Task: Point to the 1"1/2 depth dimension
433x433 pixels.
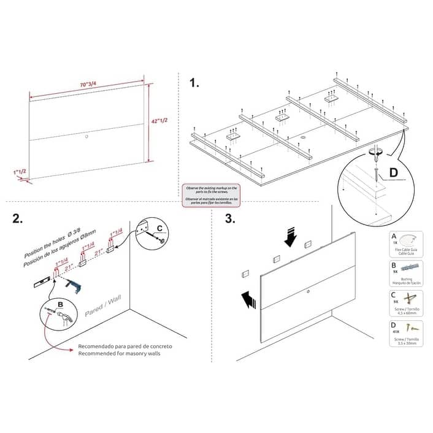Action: [x=18, y=172]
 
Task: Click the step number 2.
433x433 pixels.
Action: [x=18, y=220]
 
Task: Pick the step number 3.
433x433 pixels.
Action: [x=229, y=219]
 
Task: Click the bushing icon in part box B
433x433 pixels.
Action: [x=408, y=267]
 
